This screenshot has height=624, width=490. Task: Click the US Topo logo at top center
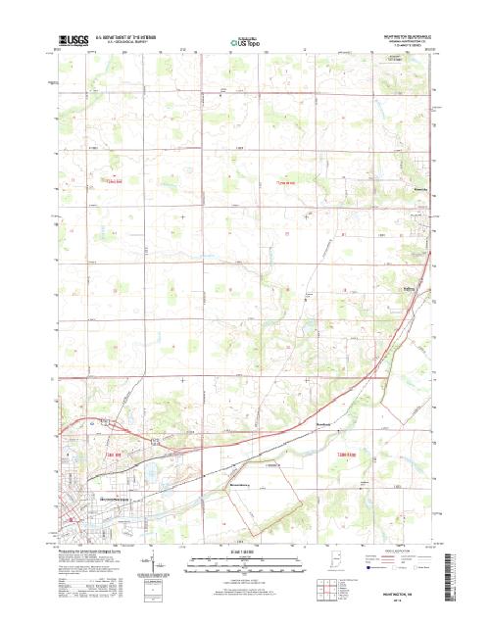(x=245, y=42)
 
